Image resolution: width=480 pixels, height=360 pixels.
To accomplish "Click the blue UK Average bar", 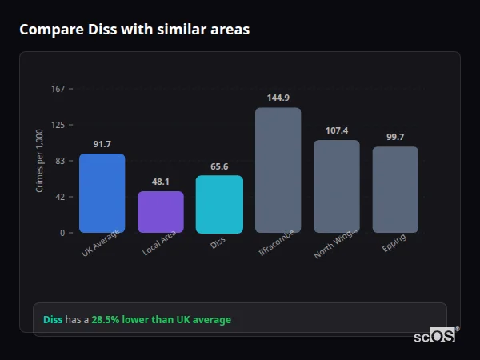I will coord(102,193).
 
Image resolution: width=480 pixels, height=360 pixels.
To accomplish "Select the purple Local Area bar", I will coord(161,212).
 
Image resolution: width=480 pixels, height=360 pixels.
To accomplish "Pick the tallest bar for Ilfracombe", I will coord(278,170).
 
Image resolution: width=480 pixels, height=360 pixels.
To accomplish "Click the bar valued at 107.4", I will coord(337,186).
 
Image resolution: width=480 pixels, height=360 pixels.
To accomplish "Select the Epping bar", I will coord(395,190).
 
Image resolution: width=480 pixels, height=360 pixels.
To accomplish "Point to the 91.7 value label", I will coord(102,144).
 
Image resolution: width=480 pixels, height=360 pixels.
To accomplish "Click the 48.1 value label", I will coord(161,182).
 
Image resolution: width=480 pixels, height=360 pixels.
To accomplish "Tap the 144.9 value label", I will coord(278,98).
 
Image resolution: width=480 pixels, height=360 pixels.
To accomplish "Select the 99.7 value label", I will coord(395,137).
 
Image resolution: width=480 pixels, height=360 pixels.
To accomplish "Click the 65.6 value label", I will coord(219,166).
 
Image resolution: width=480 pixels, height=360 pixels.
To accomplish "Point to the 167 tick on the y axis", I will coord(58,89).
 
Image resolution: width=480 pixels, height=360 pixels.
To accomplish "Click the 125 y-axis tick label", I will coord(58,125).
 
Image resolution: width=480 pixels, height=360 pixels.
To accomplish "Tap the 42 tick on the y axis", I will coord(60,197).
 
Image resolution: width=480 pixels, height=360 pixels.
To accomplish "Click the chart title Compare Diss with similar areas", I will coord(134,30).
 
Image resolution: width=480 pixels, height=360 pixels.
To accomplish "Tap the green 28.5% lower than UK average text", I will coord(161,319).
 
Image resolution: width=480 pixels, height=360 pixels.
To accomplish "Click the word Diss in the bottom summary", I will coord(52,319).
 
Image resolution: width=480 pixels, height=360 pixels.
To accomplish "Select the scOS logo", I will coord(435,336).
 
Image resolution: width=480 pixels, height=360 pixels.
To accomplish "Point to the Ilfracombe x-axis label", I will coord(278,243).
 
